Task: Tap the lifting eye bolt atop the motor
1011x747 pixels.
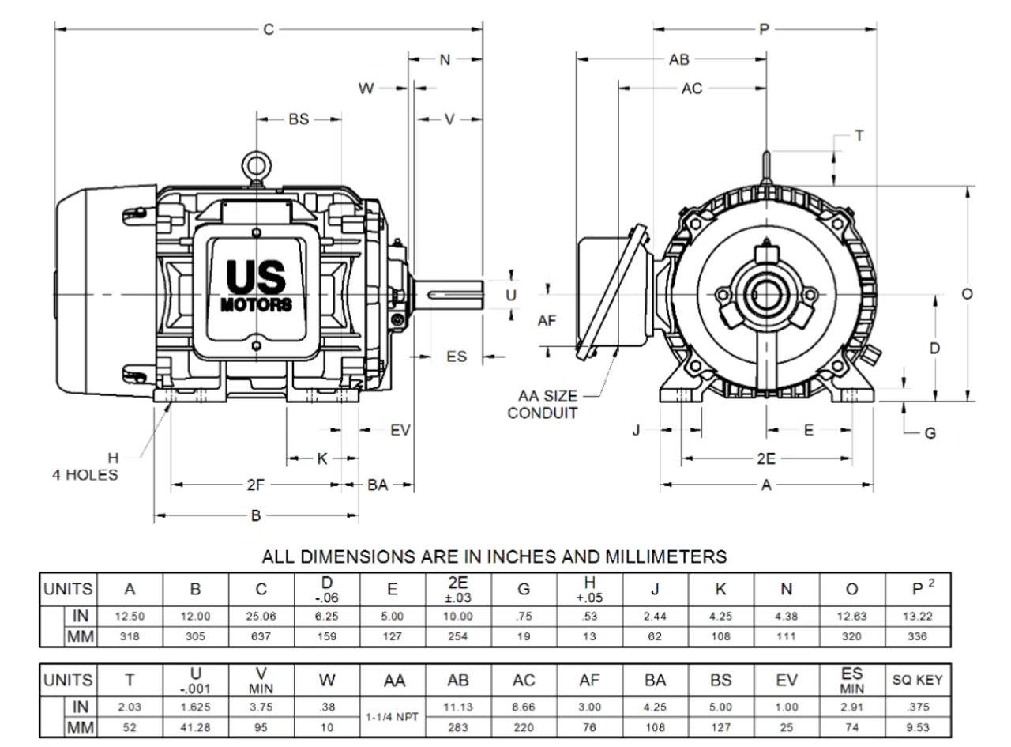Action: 257,164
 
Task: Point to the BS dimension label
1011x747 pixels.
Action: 299,119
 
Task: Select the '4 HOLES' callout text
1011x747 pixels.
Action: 85,474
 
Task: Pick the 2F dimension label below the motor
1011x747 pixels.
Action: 255,485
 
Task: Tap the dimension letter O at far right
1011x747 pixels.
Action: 967,293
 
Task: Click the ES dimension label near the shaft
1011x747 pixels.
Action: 457,357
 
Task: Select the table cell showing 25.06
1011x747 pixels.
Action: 261,616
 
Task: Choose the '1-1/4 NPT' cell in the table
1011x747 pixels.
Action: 393,717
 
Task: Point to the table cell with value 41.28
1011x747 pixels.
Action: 196,726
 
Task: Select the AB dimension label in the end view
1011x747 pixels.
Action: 679,59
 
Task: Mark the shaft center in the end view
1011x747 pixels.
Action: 766,294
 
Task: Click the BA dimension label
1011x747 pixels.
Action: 378,485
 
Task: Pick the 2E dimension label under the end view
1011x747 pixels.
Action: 765,458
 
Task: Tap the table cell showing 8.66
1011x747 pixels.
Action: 524,707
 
